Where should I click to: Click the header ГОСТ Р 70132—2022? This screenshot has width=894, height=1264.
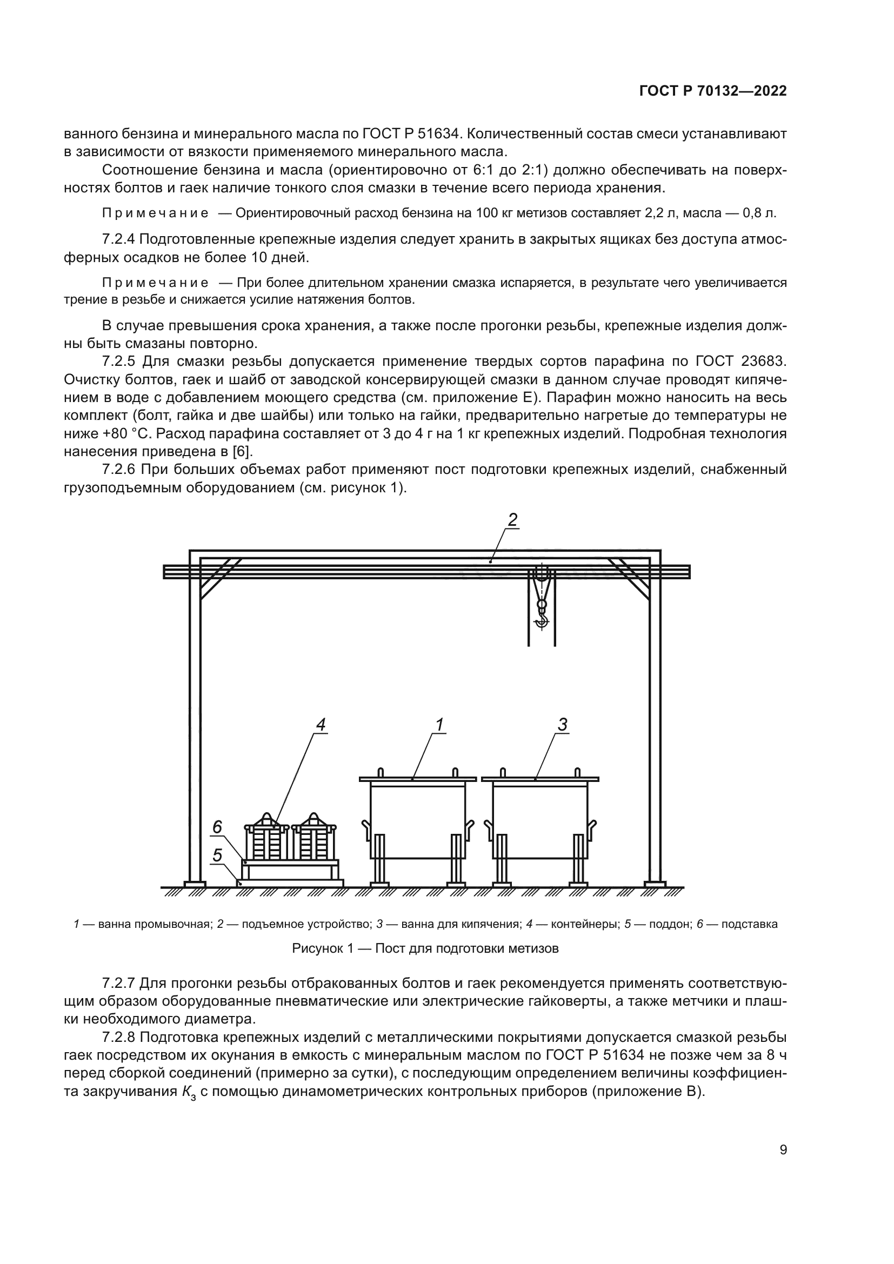click(x=713, y=91)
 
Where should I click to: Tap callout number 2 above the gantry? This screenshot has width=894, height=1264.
click(x=512, y=519)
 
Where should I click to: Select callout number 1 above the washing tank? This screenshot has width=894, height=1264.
click(x=439, y=725)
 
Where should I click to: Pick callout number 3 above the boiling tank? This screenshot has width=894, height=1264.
click(x=562, y=725)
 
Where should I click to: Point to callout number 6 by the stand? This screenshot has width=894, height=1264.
click(x=217, y=827)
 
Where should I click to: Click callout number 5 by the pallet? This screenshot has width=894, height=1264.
click(x=217, y=855)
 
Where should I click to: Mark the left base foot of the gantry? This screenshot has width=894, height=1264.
click(x=195, y=884)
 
